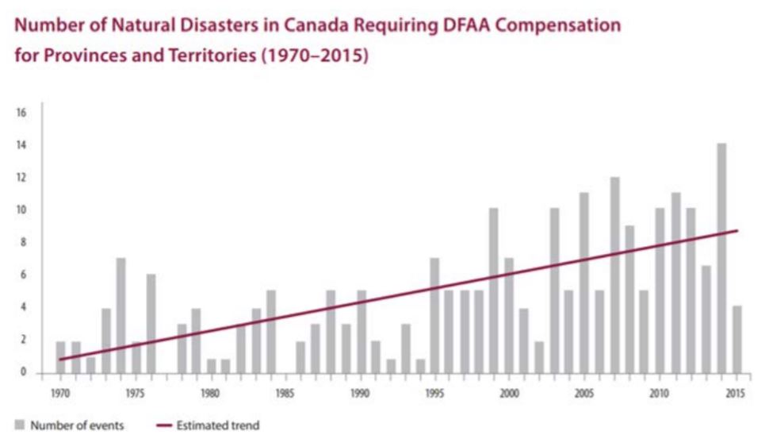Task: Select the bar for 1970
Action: [x=61, y=356]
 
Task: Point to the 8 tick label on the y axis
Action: [x=24, y=243]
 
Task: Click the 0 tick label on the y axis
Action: [x=24, y=372]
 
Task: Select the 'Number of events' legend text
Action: [x=77, y=425]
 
